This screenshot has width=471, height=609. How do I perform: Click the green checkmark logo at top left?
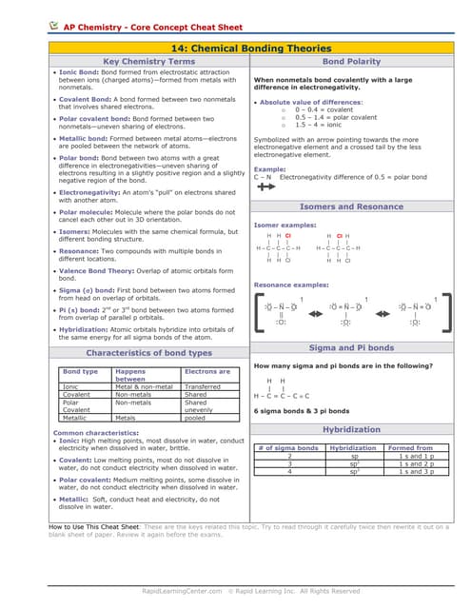[x=55, y=28]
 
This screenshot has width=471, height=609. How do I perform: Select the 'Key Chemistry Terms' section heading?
[x=148, y=61]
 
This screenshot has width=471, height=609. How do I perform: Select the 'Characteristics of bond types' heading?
[x=148, y=353]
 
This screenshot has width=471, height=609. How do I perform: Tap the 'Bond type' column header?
[x=80, y=371]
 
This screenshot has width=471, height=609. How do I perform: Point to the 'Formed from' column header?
[x=410, y=447]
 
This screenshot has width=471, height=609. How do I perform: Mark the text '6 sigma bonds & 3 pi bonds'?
[x=301, y=410]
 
